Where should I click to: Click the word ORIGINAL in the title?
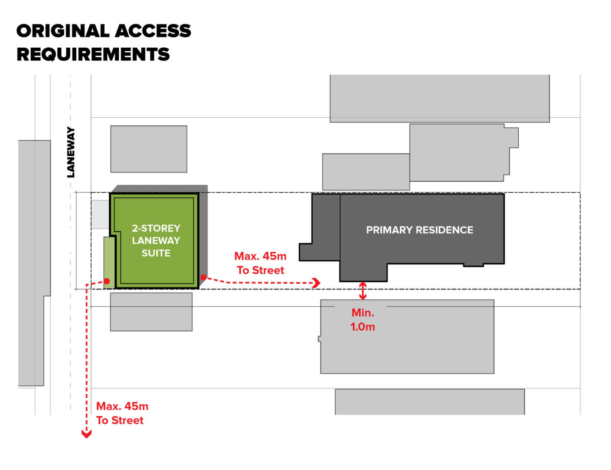(63, 31)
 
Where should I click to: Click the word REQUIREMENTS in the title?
(93, 54)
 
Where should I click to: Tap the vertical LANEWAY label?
(71, 152)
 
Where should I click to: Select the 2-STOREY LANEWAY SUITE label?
(156, 241)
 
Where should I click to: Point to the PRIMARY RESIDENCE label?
(420, 230)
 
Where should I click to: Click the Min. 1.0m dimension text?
(362, 320)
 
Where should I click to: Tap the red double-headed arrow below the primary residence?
(362, 291)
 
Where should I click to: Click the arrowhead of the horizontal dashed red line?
(317, 283)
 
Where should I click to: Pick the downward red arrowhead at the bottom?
(86, 434)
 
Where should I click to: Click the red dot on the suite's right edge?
(203, 277)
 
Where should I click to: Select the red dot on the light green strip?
(107, 281)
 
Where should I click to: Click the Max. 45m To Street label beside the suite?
(261, 263)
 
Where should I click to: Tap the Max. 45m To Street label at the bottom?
(122, 413)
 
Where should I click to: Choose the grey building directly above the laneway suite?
(149, 149)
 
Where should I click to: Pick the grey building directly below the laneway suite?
(151, 312)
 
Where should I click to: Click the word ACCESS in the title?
(153, 31)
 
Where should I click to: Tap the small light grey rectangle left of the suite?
(100, 214)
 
